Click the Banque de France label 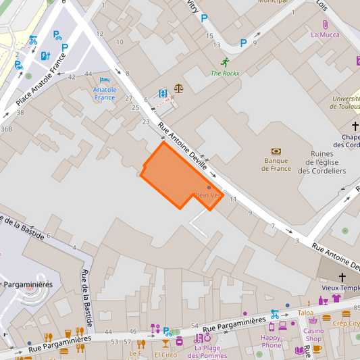pyautogui.click(x=276, y=164)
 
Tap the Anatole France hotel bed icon pyautogui.click(x=105, y=80)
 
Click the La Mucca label pyautogui.click(x=325, y=34)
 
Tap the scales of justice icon pyautogui.click(x=178, y=88)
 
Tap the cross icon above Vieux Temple pyautogui.click(x=342, y=277)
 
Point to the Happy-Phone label pyautogui.click(x=271, y=341)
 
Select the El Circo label pyautogui.click(x=165, y=354)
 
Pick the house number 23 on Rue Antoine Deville pyautogui.click(x=146, y=122)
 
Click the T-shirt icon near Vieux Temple pyautogui.click(x=336, y=298)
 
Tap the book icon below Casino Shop pyautogui.click(x=299, y=350)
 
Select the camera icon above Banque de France pyautogui.click(x=276, y=151)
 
